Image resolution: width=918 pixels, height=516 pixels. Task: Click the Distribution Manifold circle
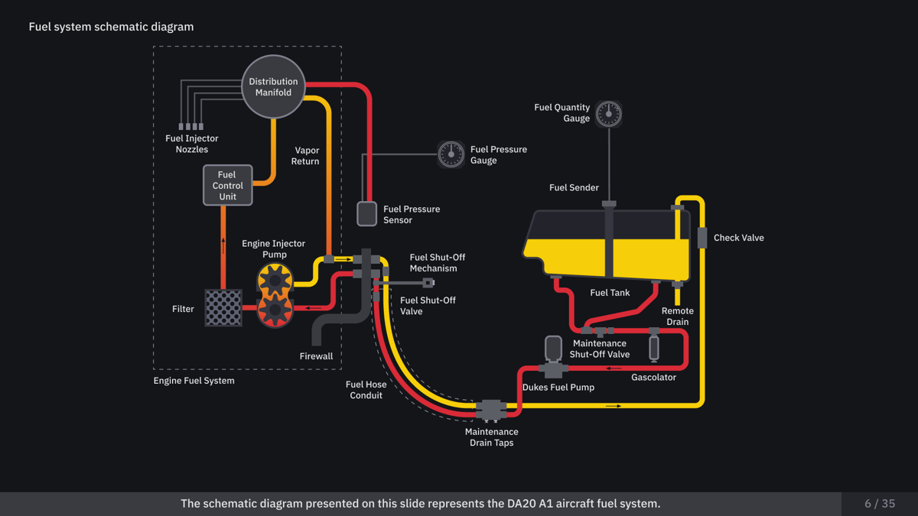(x=273, y=86)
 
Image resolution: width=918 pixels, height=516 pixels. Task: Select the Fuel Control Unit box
(x=227, y=186)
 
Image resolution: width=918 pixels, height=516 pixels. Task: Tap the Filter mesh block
(x=223, y=308)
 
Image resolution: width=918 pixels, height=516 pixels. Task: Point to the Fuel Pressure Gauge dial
(x=451, y=154)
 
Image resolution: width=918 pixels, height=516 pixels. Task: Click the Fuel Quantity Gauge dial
(x=609, y=113)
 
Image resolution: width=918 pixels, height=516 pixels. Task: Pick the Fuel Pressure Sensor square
(x=367, y=213)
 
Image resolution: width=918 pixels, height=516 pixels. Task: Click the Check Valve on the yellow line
(x=702, y=238)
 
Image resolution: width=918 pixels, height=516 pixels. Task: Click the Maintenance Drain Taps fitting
(x=490, y=411)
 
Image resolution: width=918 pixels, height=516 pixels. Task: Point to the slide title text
(x=111, y=27)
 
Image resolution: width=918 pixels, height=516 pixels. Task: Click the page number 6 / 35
(x=880, y=504)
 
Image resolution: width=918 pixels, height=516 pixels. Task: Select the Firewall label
(x=316, y=356)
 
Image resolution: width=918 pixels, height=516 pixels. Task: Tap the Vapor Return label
(x=305, y=156)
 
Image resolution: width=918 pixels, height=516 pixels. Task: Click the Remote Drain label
(x=678, y=316)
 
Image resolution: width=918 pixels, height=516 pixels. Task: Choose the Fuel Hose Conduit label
(x=366, y=390)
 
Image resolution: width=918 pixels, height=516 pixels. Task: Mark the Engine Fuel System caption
(x=194, y=381)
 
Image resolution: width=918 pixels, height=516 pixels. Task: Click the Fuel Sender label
(x=574, y=188)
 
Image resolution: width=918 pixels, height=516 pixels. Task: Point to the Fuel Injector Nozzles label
(x=192, y=144)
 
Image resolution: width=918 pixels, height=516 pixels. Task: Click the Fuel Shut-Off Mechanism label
(x=437, y=263)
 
